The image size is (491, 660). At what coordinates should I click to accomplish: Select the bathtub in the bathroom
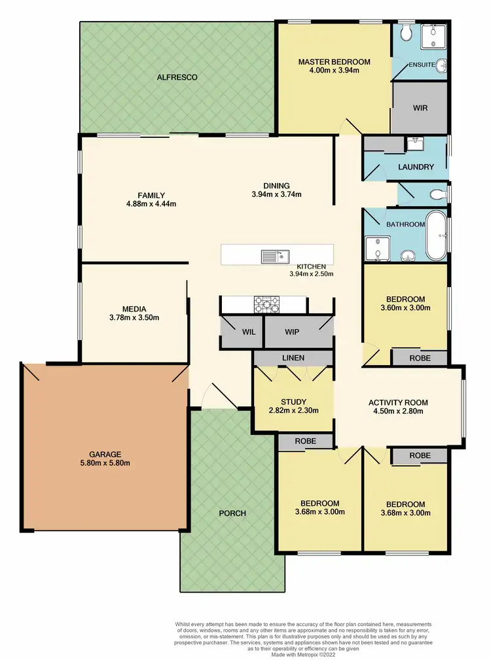437,236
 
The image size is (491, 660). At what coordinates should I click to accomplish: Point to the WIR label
420,108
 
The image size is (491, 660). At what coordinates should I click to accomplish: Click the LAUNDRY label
416,167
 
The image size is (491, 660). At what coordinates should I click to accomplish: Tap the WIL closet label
248,332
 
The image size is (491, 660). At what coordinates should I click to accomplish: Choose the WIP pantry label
292,332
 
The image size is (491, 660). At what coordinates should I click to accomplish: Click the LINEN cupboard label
293,359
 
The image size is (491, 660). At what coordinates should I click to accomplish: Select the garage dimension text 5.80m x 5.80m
105,463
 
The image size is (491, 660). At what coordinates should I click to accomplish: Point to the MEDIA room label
134,309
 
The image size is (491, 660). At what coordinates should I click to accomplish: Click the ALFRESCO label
177,77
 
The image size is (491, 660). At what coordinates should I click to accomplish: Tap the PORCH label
232,513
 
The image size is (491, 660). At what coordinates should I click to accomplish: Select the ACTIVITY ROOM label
398,402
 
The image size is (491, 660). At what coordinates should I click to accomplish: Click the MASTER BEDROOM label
334,62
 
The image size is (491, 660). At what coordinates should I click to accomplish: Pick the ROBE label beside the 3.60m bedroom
420,358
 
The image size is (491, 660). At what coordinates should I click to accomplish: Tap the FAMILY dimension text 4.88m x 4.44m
151,203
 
